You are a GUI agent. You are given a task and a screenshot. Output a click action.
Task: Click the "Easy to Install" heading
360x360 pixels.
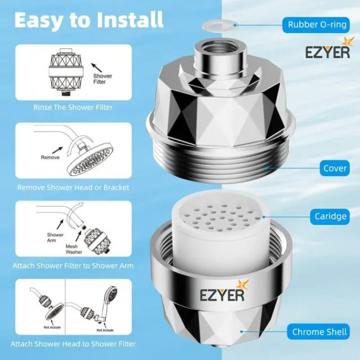[x=89, y=20]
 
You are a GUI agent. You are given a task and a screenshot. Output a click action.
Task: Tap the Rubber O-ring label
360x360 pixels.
[x=316, y=25]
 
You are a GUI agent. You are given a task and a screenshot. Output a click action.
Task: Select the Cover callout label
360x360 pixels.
[x=334, y=169]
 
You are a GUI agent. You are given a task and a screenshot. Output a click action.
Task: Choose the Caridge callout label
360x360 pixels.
[x=330, y=217]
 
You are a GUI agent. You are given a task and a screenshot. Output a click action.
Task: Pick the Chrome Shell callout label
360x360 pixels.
[x=318, y=332]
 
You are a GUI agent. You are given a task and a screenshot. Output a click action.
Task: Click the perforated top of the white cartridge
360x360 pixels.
[x=221, y=217]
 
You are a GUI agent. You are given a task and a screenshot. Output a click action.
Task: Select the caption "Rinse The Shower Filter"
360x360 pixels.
[x=73, y=107]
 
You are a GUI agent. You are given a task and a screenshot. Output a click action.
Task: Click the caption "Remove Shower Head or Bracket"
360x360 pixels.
[x=73, y=187]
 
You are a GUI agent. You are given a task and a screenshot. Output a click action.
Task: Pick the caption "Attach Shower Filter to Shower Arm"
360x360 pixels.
[x=73, y=266]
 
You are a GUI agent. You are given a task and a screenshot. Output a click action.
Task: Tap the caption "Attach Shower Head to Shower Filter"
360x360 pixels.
[x=73, y=343]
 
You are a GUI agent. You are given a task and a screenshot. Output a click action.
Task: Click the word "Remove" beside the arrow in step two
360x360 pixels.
[x=50, y=157]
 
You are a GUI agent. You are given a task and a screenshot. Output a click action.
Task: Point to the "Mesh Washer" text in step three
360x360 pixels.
[x=74, y=249]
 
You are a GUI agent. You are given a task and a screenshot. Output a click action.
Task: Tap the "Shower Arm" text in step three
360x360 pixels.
[x=55, y=237]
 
